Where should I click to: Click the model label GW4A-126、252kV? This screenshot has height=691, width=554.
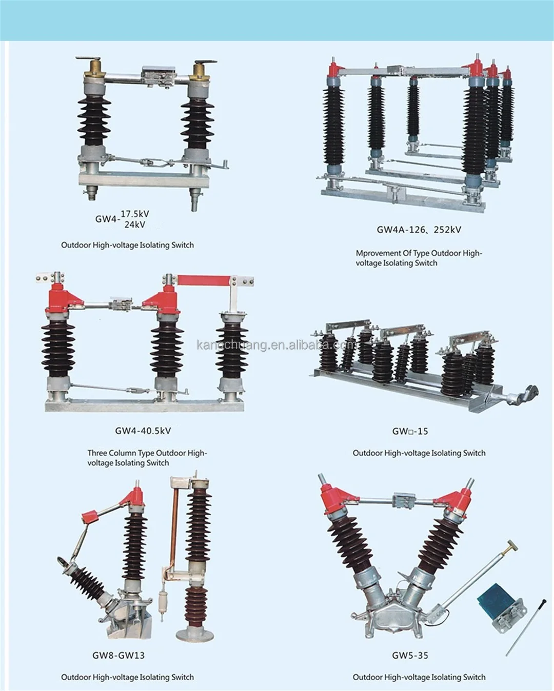click(x=419, y=230)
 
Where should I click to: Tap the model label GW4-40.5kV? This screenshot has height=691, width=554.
click(x=143, y=431)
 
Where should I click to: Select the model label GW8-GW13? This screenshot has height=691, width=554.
click(x=118, y=655)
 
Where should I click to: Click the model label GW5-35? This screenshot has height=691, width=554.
click(x=410, y=655)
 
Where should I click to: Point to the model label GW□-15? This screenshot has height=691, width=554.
click(x=410, y=431)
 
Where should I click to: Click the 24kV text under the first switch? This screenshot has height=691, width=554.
click(x=135, y=225)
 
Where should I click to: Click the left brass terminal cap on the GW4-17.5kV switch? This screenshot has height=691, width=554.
click(x=95, y=68)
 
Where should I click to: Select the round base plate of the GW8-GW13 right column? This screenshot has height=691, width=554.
click(x=195, y=635)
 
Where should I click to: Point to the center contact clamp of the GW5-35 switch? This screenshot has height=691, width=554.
click(x=404, y=500)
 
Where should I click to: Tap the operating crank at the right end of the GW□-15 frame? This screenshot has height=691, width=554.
click(x=526, y=394)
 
